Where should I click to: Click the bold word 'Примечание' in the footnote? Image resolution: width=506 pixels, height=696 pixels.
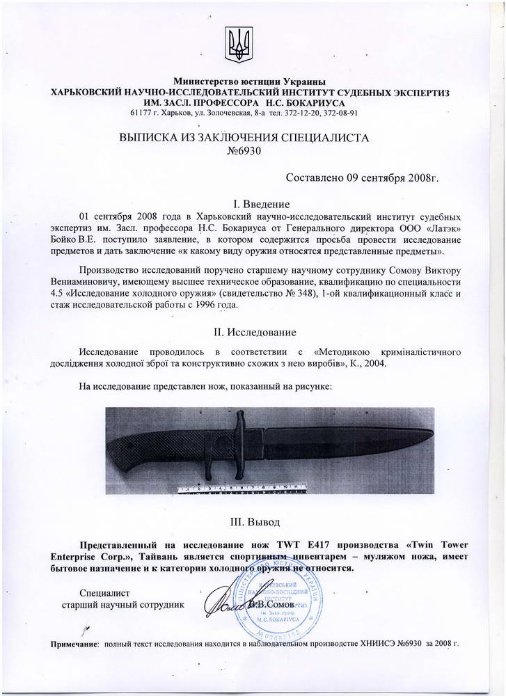75,646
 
